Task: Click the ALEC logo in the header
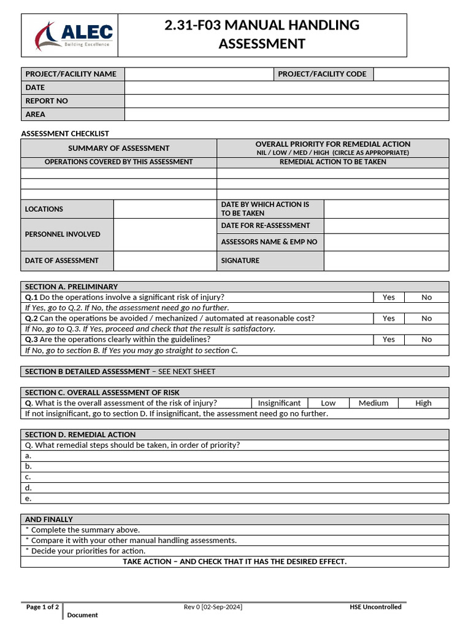click(73, 36)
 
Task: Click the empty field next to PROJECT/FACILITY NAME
click(199, 74)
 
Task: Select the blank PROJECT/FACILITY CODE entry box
click(411, 74)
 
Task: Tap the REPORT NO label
click(47, 101)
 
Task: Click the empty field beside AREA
click(286, 114)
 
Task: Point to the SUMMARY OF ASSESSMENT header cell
click(119, 148)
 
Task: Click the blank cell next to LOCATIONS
click(165, 209)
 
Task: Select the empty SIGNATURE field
click(386, 260)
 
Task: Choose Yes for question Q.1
click(389, 297)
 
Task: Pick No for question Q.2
click(426, 318)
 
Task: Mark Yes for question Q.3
click(389, 339)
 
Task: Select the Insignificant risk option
click(279, 403)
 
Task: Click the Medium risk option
click(373, 403)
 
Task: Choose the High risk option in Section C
click(423, 403)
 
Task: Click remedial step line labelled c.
click(235, 477)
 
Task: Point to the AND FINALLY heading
click(49, 519)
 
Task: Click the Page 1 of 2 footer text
click(42, 607)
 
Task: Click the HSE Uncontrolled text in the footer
click(375, 607)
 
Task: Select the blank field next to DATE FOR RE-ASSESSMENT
click(386, 225)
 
